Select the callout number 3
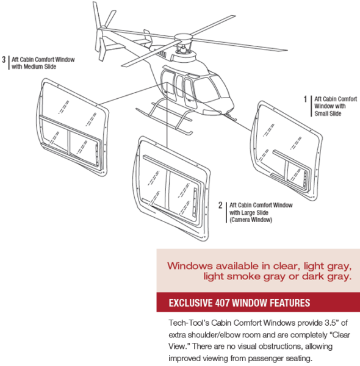(x=4, y=60)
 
